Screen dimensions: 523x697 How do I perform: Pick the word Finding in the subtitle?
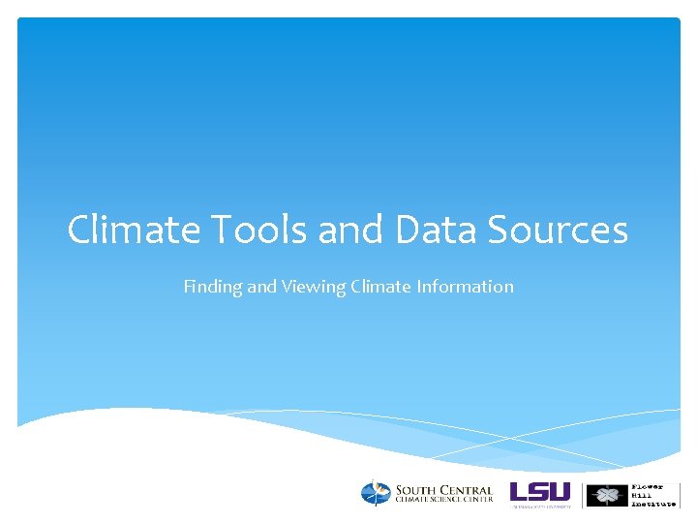coord(211,287)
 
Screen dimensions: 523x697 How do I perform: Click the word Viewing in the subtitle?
coord(308,287)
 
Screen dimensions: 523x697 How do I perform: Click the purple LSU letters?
coord(540,491)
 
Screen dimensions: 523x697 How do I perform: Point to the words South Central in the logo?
coord(443,490)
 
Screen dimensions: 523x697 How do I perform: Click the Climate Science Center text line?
coord(443,500)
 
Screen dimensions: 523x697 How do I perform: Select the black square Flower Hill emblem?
coord(607,495)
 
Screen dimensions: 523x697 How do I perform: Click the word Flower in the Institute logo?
coord(649,486)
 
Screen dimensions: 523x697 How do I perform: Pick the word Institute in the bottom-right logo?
coord(653,504)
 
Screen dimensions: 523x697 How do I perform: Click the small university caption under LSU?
coord(542,506)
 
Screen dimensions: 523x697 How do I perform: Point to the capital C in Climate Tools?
coord(79,231)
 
